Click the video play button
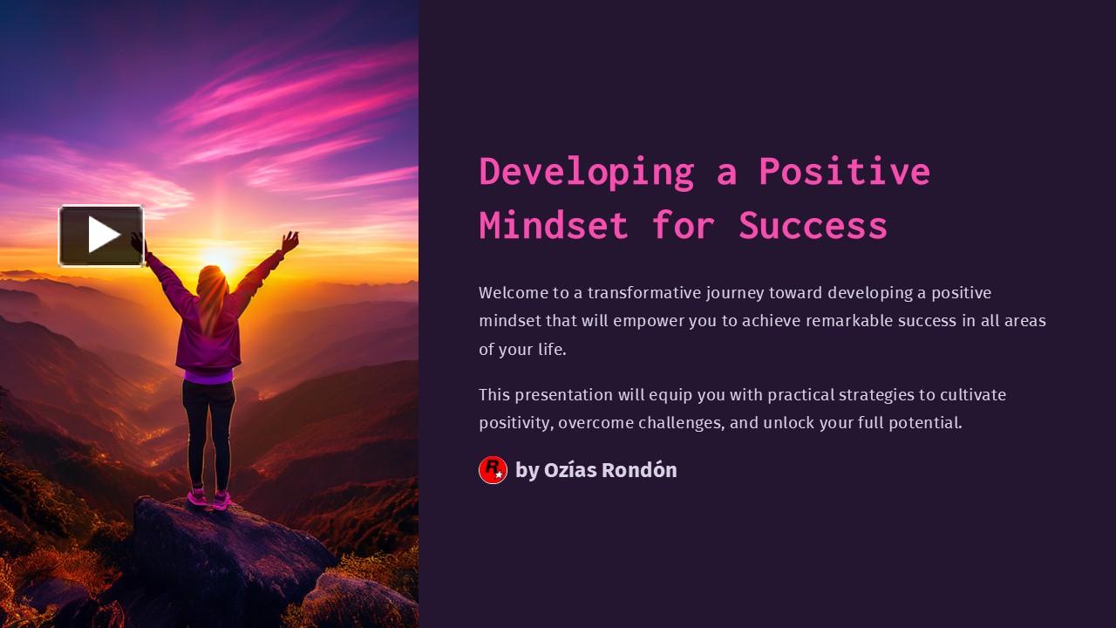coord(101,235)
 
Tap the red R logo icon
coord(493,470)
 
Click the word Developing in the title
coord(587,171)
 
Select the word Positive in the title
coord(843,171)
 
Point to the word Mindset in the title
coord(554,225)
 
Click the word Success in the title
coord(813,225)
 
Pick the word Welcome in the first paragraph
coord(513,292)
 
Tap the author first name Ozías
coord(569,470)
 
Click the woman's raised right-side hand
coord(289,240)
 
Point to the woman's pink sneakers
coord(209,499)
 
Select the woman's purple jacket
coord(209,336)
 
